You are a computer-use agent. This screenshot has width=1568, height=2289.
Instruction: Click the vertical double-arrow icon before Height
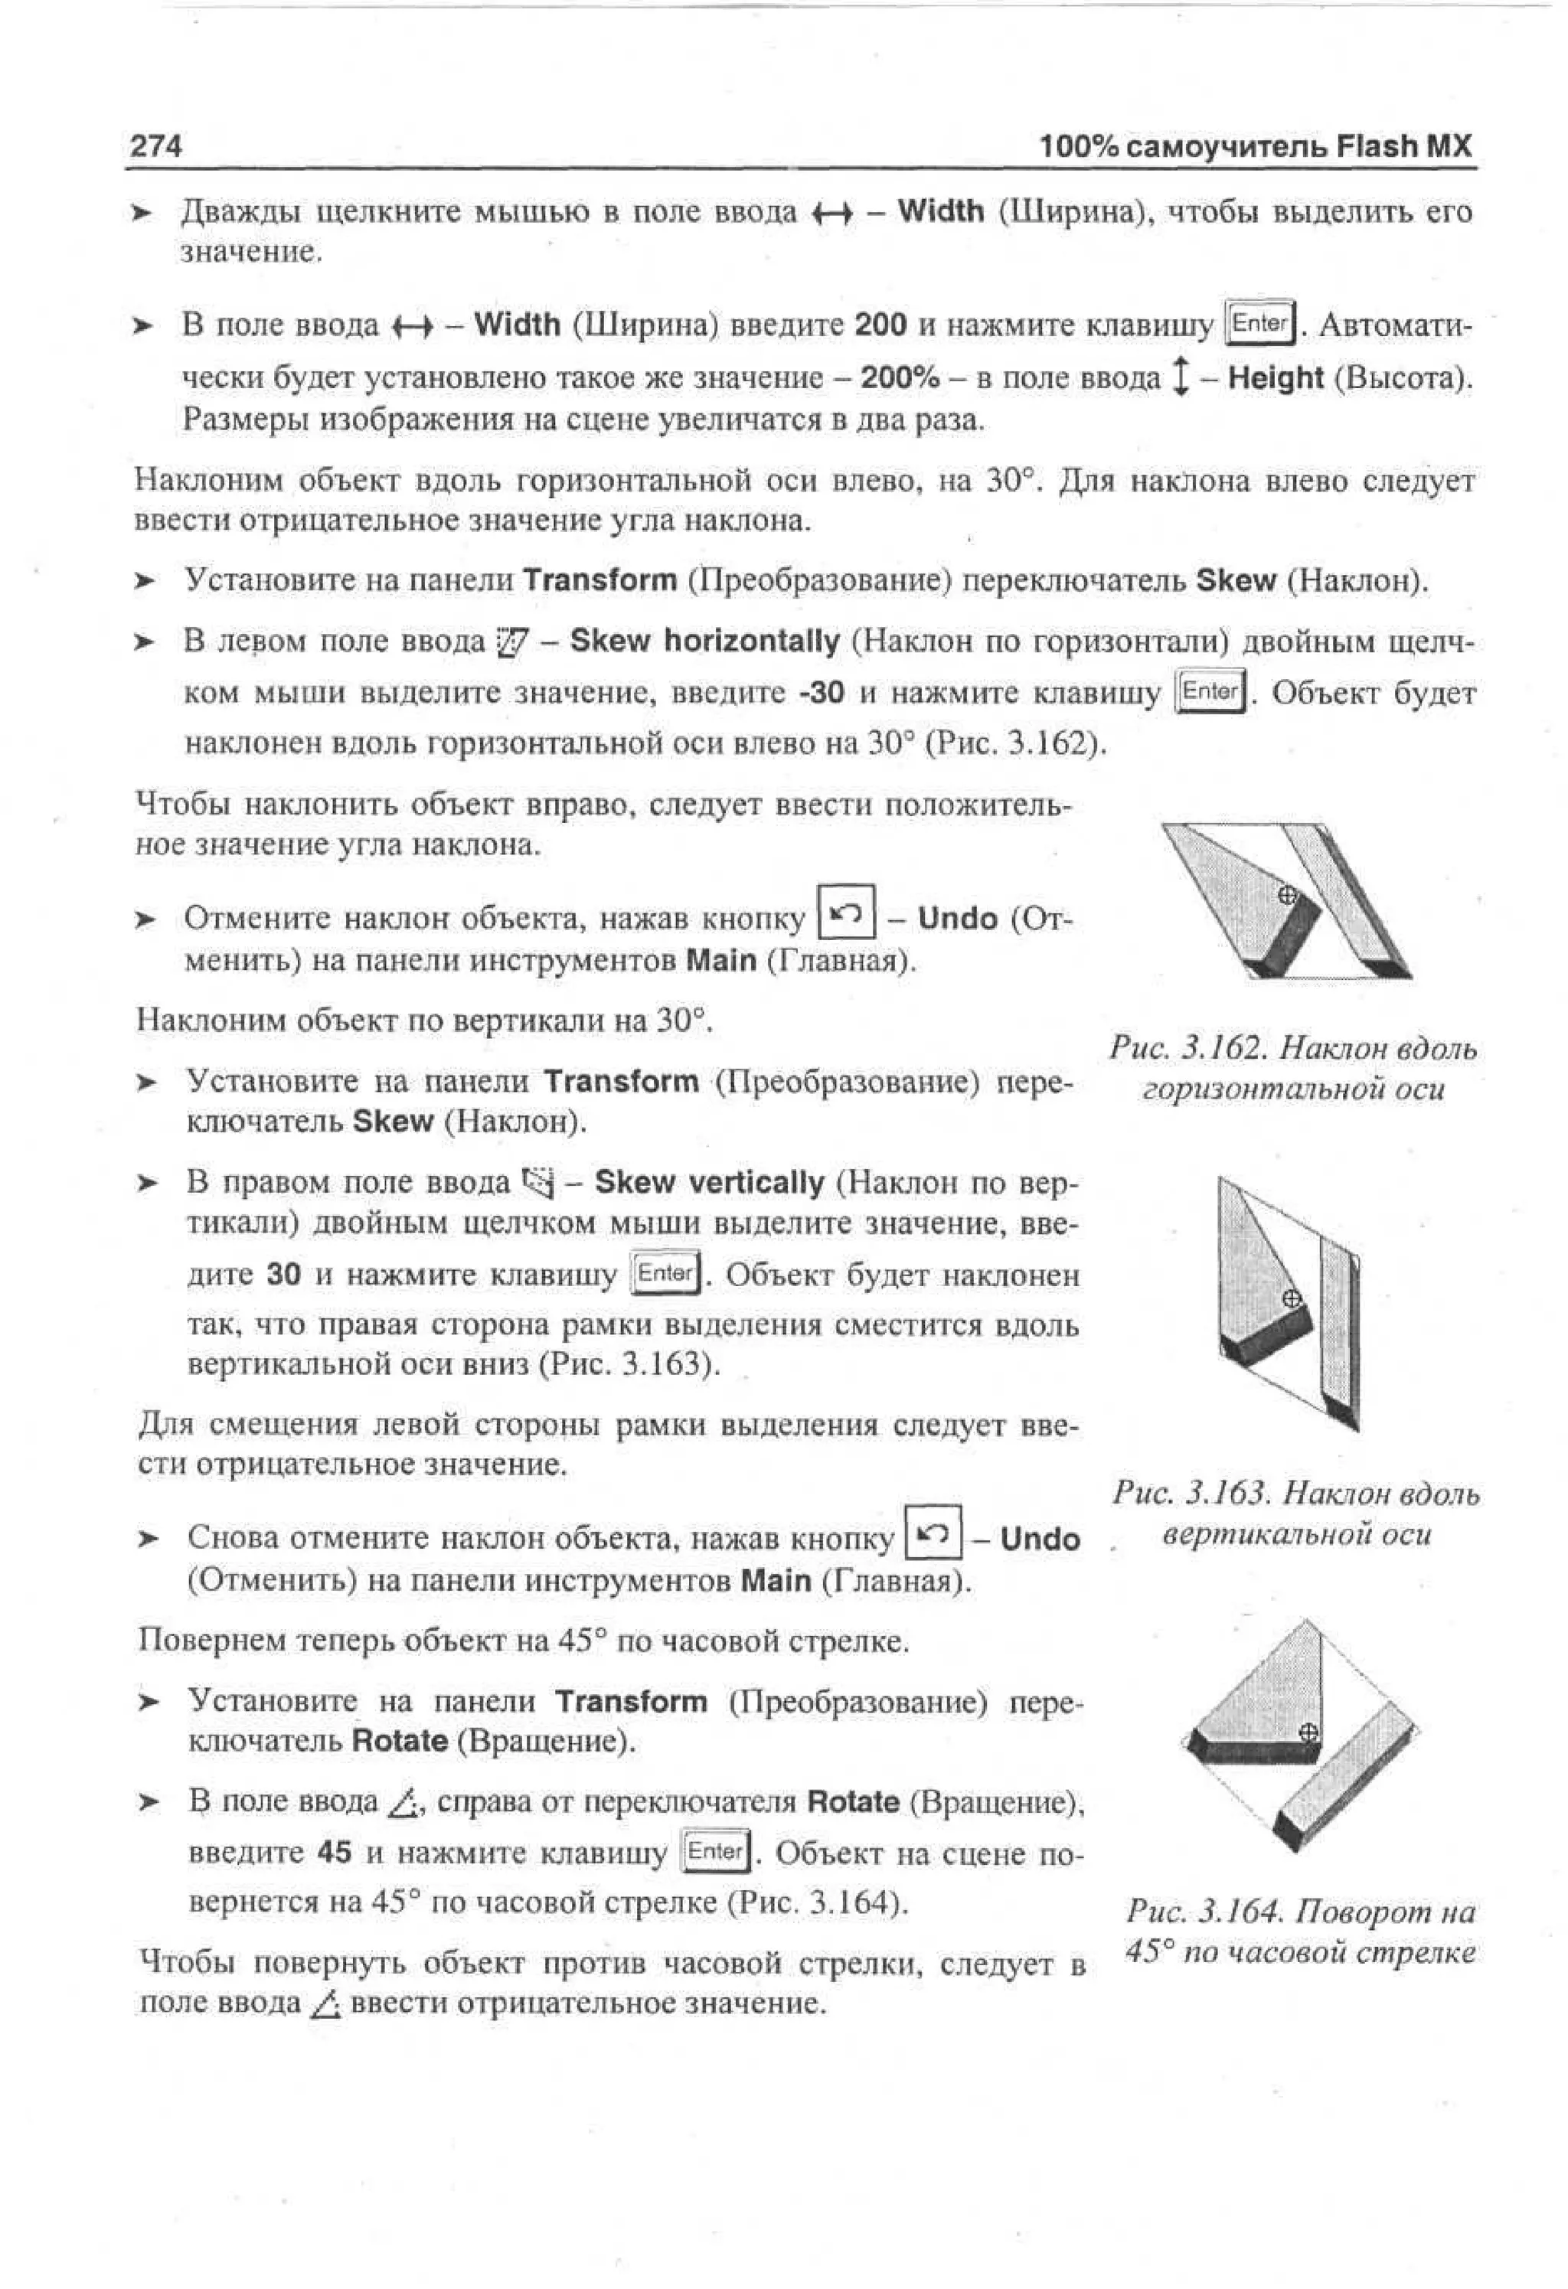tap(1179, 377)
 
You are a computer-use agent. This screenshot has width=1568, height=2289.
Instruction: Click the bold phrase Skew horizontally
tap(704, 642)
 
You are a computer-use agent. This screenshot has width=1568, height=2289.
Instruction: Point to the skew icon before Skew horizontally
tap(513, 642)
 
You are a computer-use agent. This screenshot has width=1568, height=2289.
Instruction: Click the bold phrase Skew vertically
tap(709, 1182)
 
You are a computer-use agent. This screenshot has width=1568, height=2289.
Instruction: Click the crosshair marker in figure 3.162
tap(1286, 895)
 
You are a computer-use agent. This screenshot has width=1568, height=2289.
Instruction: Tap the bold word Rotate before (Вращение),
tap(852, 1802)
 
